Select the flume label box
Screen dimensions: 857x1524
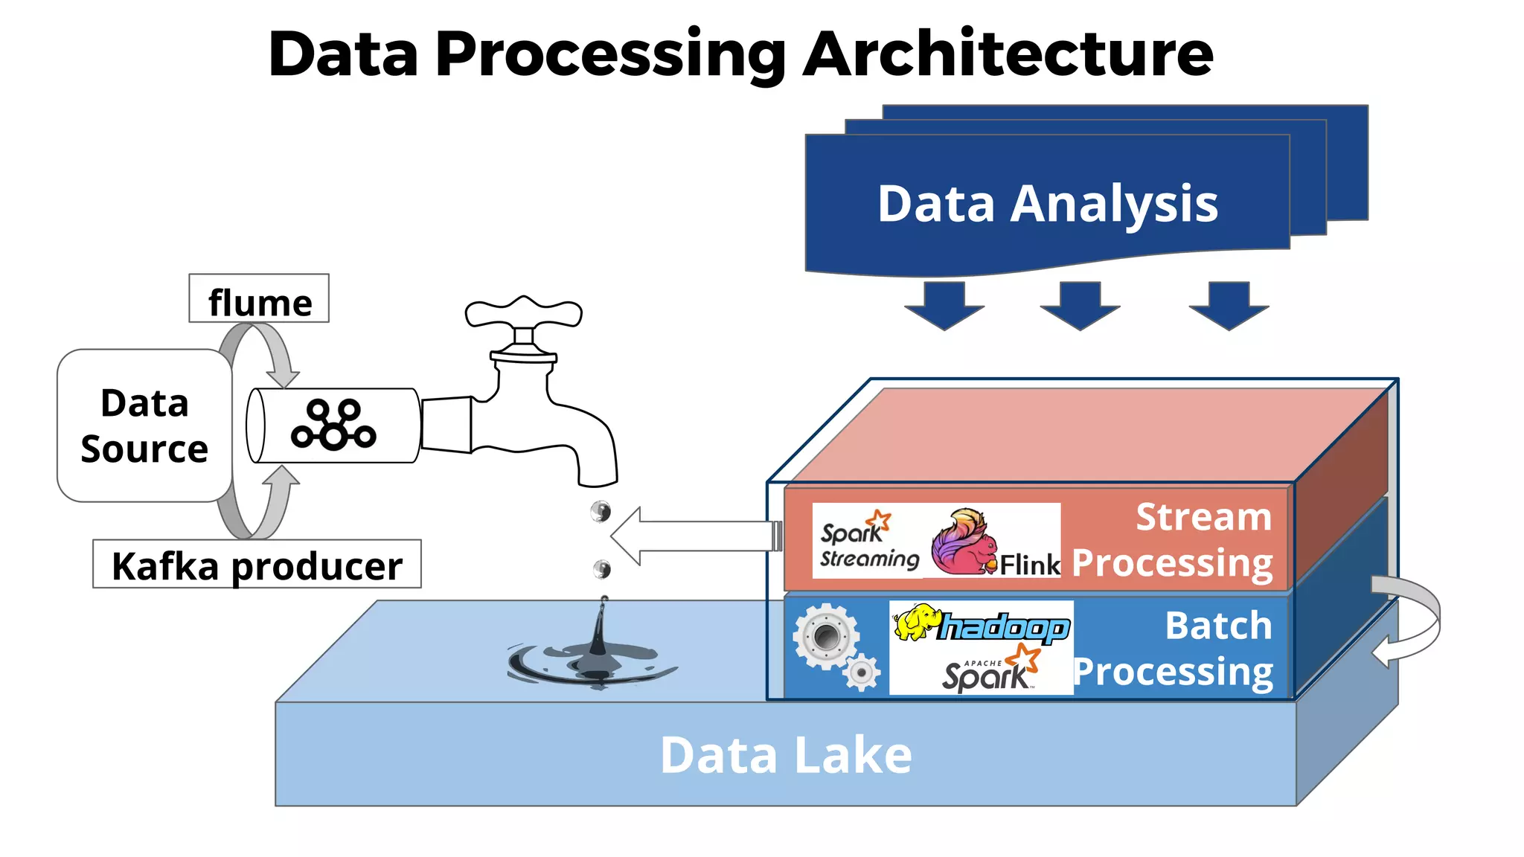coord(259,299)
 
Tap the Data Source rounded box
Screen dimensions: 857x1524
coord(144,426)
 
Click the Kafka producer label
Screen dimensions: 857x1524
coord(257,565)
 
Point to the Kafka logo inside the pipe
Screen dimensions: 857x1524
coord(333,425)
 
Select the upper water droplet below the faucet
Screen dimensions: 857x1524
coord(601,511)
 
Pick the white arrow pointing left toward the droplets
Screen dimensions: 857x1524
coord(692,536)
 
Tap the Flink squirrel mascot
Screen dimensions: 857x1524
coord(964,542)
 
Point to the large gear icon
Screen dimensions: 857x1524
coord(825,636)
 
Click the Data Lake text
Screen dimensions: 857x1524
coord(786,755)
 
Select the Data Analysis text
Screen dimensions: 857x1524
coord(1047,203)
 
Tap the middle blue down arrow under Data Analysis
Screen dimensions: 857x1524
coord(1080,305)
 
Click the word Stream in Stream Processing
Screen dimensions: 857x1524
coord(1203,516)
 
